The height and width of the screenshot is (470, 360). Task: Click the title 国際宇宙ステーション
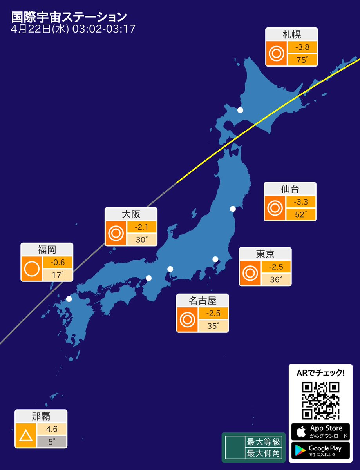click(x=69, y=17)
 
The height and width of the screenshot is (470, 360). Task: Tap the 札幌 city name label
click(x=291, y=34)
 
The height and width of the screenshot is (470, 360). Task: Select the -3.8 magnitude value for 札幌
click(x=302, y=47)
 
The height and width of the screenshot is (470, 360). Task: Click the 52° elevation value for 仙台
click(x=300, y=214)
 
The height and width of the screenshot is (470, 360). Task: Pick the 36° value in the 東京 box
click(x=276, y=279)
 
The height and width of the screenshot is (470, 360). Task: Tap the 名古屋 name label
click(x=203, y=301)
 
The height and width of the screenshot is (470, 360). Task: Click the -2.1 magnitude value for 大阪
click(x=141, y=227)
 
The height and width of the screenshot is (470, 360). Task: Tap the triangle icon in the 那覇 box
click(x=26, y=436)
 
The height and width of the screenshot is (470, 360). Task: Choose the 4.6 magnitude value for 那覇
click(x=52, y=429)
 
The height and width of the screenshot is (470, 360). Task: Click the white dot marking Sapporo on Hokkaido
click(x=240, y=110)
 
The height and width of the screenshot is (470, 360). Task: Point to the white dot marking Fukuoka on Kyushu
click(x=69, y=299)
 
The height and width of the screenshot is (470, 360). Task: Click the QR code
click(x=320, y=400)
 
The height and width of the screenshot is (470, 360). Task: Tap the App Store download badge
click(x=320, y=432)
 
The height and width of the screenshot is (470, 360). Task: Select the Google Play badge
click(x=320, y=450)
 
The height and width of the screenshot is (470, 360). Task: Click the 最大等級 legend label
click(x=263, y=442)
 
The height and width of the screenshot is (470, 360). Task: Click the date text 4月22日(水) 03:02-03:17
click(x=74, y=29)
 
